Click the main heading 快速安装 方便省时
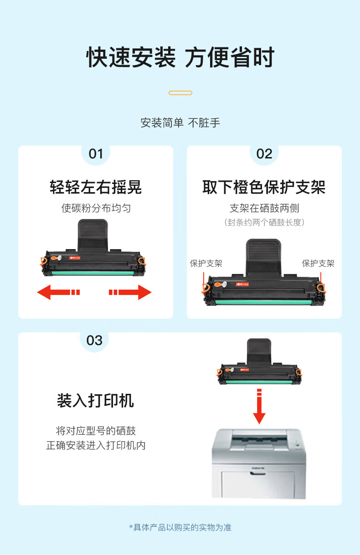tap(180, 57)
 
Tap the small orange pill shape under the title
tap(180, 93)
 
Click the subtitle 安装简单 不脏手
tap(180, 123)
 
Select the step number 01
tap(96, 154)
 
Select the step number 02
tap(264, 154)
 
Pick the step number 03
tap(94, 341)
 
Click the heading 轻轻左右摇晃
tap(96, 187)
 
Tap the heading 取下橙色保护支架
tap(264, 187)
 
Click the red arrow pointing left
tap(58, 292)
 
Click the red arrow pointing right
tap(130, 292)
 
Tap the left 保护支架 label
tap(206, 263)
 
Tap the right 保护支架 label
tap(318, 263)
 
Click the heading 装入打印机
tap(96, 401)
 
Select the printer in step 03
tap(259, 463)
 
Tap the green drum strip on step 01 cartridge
tap(93, 273)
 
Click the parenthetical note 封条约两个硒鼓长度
tap(264, 222)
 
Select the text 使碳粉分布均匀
tap(96, 208)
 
